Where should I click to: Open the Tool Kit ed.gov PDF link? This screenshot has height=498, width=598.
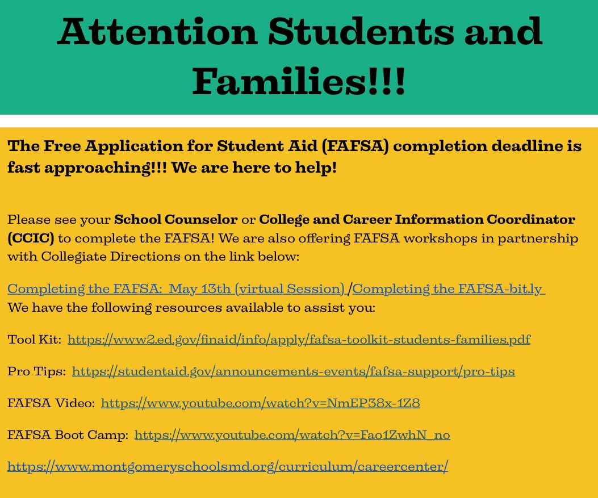(x=299, y=340)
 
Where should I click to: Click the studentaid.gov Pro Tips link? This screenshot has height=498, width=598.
(x=294, y=371)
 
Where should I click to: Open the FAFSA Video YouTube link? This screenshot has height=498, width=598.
(x=260, y=403)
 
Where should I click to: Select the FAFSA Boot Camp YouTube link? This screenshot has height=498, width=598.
(x=292, y=435)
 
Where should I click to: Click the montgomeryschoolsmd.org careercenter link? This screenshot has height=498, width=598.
(x=228, y=467)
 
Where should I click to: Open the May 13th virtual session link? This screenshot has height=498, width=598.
(x=176, y=288)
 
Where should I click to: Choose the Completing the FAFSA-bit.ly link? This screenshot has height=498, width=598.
(x=449, y=288)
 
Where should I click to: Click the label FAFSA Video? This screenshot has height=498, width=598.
(x=51, y=403)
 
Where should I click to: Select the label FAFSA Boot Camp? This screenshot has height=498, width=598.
(x=68, y=435)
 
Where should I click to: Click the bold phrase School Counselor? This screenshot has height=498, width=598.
(x=176, y=219)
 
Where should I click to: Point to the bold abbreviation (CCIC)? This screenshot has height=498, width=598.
(x=31, y=238)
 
